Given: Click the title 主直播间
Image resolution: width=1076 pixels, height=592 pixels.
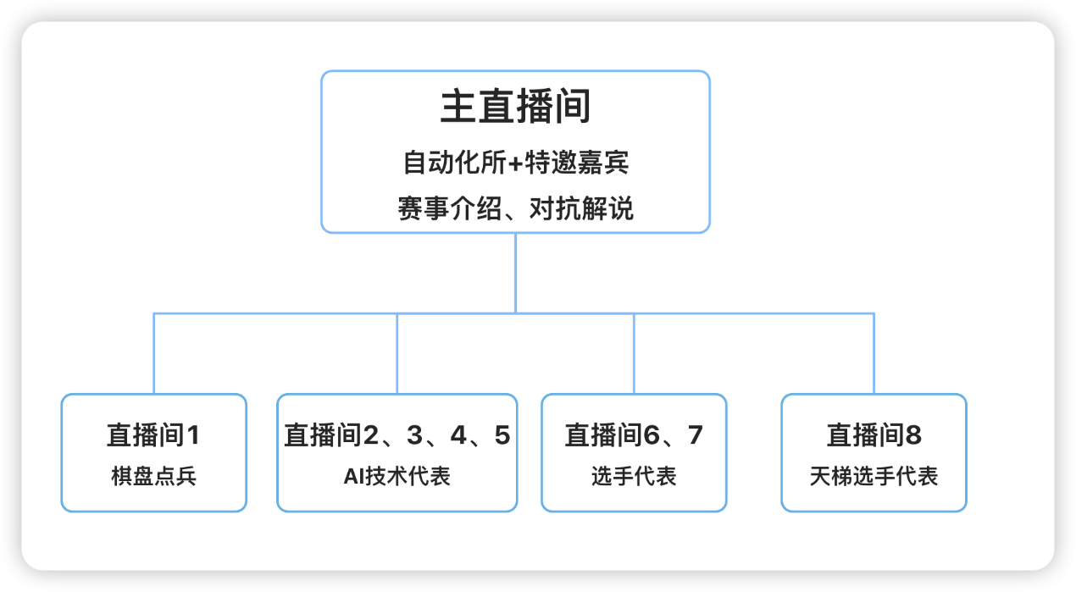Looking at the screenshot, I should (515, 108).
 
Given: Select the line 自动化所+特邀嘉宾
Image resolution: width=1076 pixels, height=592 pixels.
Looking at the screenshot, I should (515, 162).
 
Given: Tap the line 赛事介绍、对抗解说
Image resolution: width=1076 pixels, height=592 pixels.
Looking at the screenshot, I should (515, 208).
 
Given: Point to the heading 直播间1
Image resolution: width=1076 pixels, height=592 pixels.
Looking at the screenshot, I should (153, 435).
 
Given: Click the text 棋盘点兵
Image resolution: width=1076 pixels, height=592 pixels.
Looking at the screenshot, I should (153, 476).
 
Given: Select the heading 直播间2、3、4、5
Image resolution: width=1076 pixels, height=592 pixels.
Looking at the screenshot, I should (397, 435).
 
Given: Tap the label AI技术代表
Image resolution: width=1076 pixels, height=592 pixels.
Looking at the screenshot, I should (397, 476).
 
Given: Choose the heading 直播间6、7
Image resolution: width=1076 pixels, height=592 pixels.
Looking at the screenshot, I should (634, 435).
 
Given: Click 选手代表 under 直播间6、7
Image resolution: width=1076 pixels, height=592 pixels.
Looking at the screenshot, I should (634, 476).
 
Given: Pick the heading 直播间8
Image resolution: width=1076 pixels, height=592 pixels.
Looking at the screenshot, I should (874, 435).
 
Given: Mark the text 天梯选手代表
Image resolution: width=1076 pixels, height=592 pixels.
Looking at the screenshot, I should (874, 476).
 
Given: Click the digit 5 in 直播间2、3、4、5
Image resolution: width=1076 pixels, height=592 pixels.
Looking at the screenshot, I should (502, 435).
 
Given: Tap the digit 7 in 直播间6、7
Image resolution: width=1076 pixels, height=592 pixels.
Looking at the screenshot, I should (696, 435).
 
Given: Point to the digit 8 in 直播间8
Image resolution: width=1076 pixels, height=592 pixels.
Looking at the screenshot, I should (912, 435).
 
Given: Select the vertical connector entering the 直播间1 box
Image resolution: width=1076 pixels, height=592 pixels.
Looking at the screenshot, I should (154, 354).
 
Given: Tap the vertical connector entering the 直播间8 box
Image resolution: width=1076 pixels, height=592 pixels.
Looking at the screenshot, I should (874, 354).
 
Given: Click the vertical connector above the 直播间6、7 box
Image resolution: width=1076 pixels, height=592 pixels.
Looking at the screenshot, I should (634, 354).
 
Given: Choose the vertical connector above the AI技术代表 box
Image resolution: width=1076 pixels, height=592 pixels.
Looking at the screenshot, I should (397, 354).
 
